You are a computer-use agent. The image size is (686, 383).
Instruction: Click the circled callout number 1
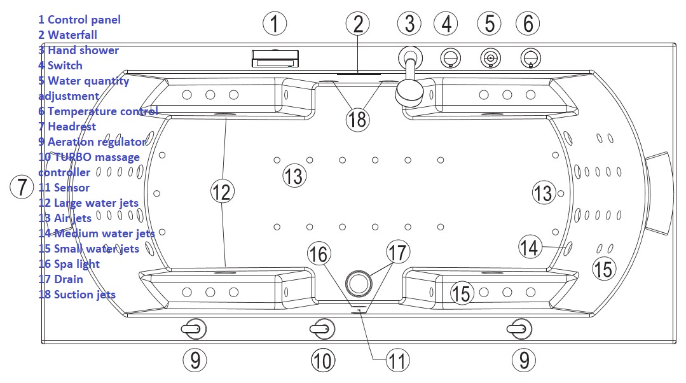click(x=275, y=24)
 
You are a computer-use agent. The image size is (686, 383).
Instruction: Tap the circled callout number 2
click(x=358, y=24)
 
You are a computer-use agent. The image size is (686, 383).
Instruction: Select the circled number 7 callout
click(x=22, y=187)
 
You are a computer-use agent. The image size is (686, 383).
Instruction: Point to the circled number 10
click(x=323, y=361)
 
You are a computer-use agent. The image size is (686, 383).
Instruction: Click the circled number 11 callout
click(x=397, y=361)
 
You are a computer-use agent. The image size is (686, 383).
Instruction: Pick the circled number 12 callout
click(x=223, y=191)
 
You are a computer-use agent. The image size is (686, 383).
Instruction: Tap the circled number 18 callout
click(x=357, y=118)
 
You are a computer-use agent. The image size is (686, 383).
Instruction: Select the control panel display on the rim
click(x=275, y=60)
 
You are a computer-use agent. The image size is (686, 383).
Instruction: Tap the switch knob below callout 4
click(x=450, y=59)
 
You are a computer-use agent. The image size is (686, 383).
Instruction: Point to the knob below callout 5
click(x=490, y=59)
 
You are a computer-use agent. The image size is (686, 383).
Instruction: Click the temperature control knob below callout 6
click(x=530, y=59)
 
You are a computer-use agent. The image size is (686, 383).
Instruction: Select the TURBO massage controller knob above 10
click(x=322, y=328)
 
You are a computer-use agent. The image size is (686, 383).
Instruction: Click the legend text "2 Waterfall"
click(x=68, y=35)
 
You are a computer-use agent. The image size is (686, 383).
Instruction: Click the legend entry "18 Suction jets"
click(x=77, y=294)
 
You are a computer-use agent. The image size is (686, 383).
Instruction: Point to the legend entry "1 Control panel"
click(x=79, y=20)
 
